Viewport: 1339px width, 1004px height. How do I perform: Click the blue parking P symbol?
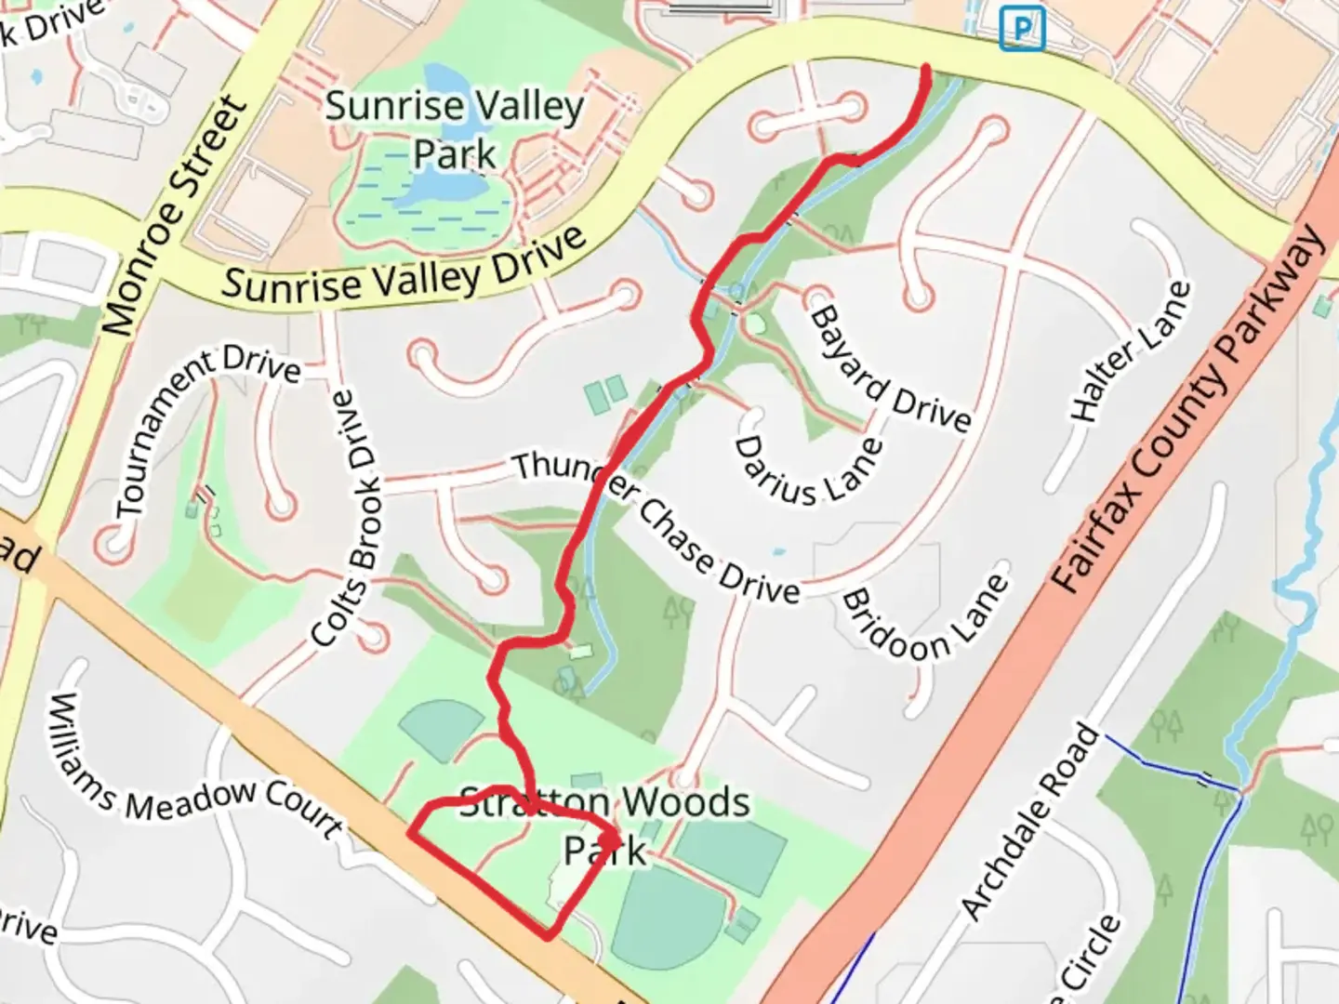(x=1021, y=29)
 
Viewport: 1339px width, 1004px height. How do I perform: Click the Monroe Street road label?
(x=176, y=215)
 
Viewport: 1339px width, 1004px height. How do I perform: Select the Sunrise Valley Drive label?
(x=404, y=265)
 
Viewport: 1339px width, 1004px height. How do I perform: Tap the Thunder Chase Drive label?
(x=656, y=525)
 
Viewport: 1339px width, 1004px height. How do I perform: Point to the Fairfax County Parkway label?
(x=1189, y=410)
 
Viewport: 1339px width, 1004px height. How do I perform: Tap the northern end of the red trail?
(x=926, y=67)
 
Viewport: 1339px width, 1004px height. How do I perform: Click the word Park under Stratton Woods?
(x=605, y=850)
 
